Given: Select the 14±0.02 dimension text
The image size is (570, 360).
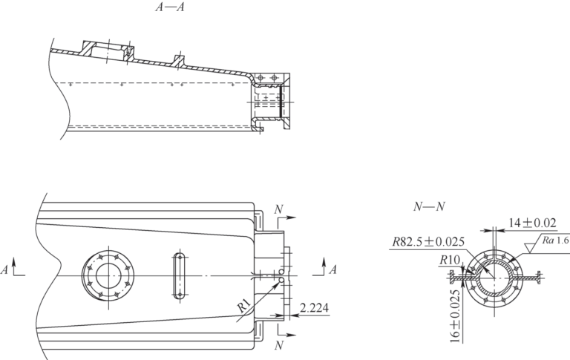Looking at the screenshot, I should [x=532, y=221].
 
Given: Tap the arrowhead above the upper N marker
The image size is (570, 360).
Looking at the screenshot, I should [x=295, y=220].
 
